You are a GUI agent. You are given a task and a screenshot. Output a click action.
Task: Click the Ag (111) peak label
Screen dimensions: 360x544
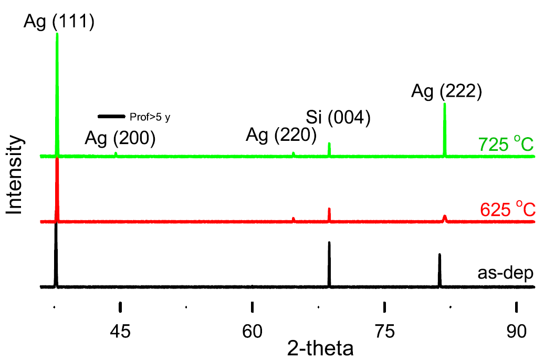(x=59, y=23)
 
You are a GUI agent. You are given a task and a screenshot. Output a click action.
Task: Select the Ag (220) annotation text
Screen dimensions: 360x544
(x=281, y=136)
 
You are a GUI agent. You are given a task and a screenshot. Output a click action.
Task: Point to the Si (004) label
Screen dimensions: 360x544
(x=339, y=117)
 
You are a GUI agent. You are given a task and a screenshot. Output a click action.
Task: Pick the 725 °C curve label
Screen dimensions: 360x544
(x=506, y=144)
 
